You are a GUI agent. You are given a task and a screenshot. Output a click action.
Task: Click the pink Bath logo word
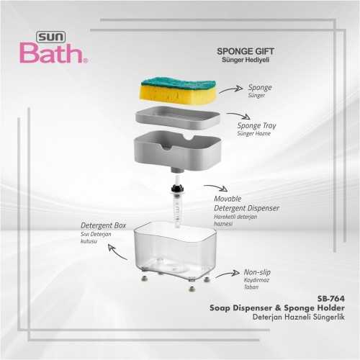[52, 53]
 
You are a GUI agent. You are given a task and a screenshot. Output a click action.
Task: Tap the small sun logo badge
[50, 37]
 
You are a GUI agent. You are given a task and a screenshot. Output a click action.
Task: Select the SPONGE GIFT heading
[246, 51]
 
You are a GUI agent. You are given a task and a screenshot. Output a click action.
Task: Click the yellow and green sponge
[178, 91]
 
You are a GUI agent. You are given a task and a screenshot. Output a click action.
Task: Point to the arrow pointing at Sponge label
[231, 89]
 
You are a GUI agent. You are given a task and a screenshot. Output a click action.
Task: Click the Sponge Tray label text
[256, 125]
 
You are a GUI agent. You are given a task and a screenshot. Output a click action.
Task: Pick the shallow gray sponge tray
[178, 118]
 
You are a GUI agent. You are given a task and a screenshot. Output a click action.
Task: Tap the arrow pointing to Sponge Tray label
[239, 115]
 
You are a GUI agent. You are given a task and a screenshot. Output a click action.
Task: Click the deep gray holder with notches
[178, 150]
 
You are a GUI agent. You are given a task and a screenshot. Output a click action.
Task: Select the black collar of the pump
[178, 189]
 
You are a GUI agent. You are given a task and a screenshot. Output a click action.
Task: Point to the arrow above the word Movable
[216, 187]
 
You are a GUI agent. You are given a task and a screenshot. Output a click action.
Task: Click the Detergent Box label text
[103, 225]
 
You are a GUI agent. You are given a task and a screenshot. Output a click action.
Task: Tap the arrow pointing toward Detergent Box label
[117, 253]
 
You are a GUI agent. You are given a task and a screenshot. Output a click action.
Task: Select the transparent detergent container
[175, 252]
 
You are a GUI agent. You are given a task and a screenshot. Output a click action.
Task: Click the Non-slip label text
[257, 272]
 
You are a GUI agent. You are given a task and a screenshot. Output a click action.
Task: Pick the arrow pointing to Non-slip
[228, 274]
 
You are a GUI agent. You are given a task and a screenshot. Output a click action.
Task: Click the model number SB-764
[331, 299]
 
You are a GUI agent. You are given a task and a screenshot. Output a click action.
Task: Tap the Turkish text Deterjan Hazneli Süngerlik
[299, 317]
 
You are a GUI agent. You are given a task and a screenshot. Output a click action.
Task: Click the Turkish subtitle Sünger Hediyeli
[246, 60]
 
